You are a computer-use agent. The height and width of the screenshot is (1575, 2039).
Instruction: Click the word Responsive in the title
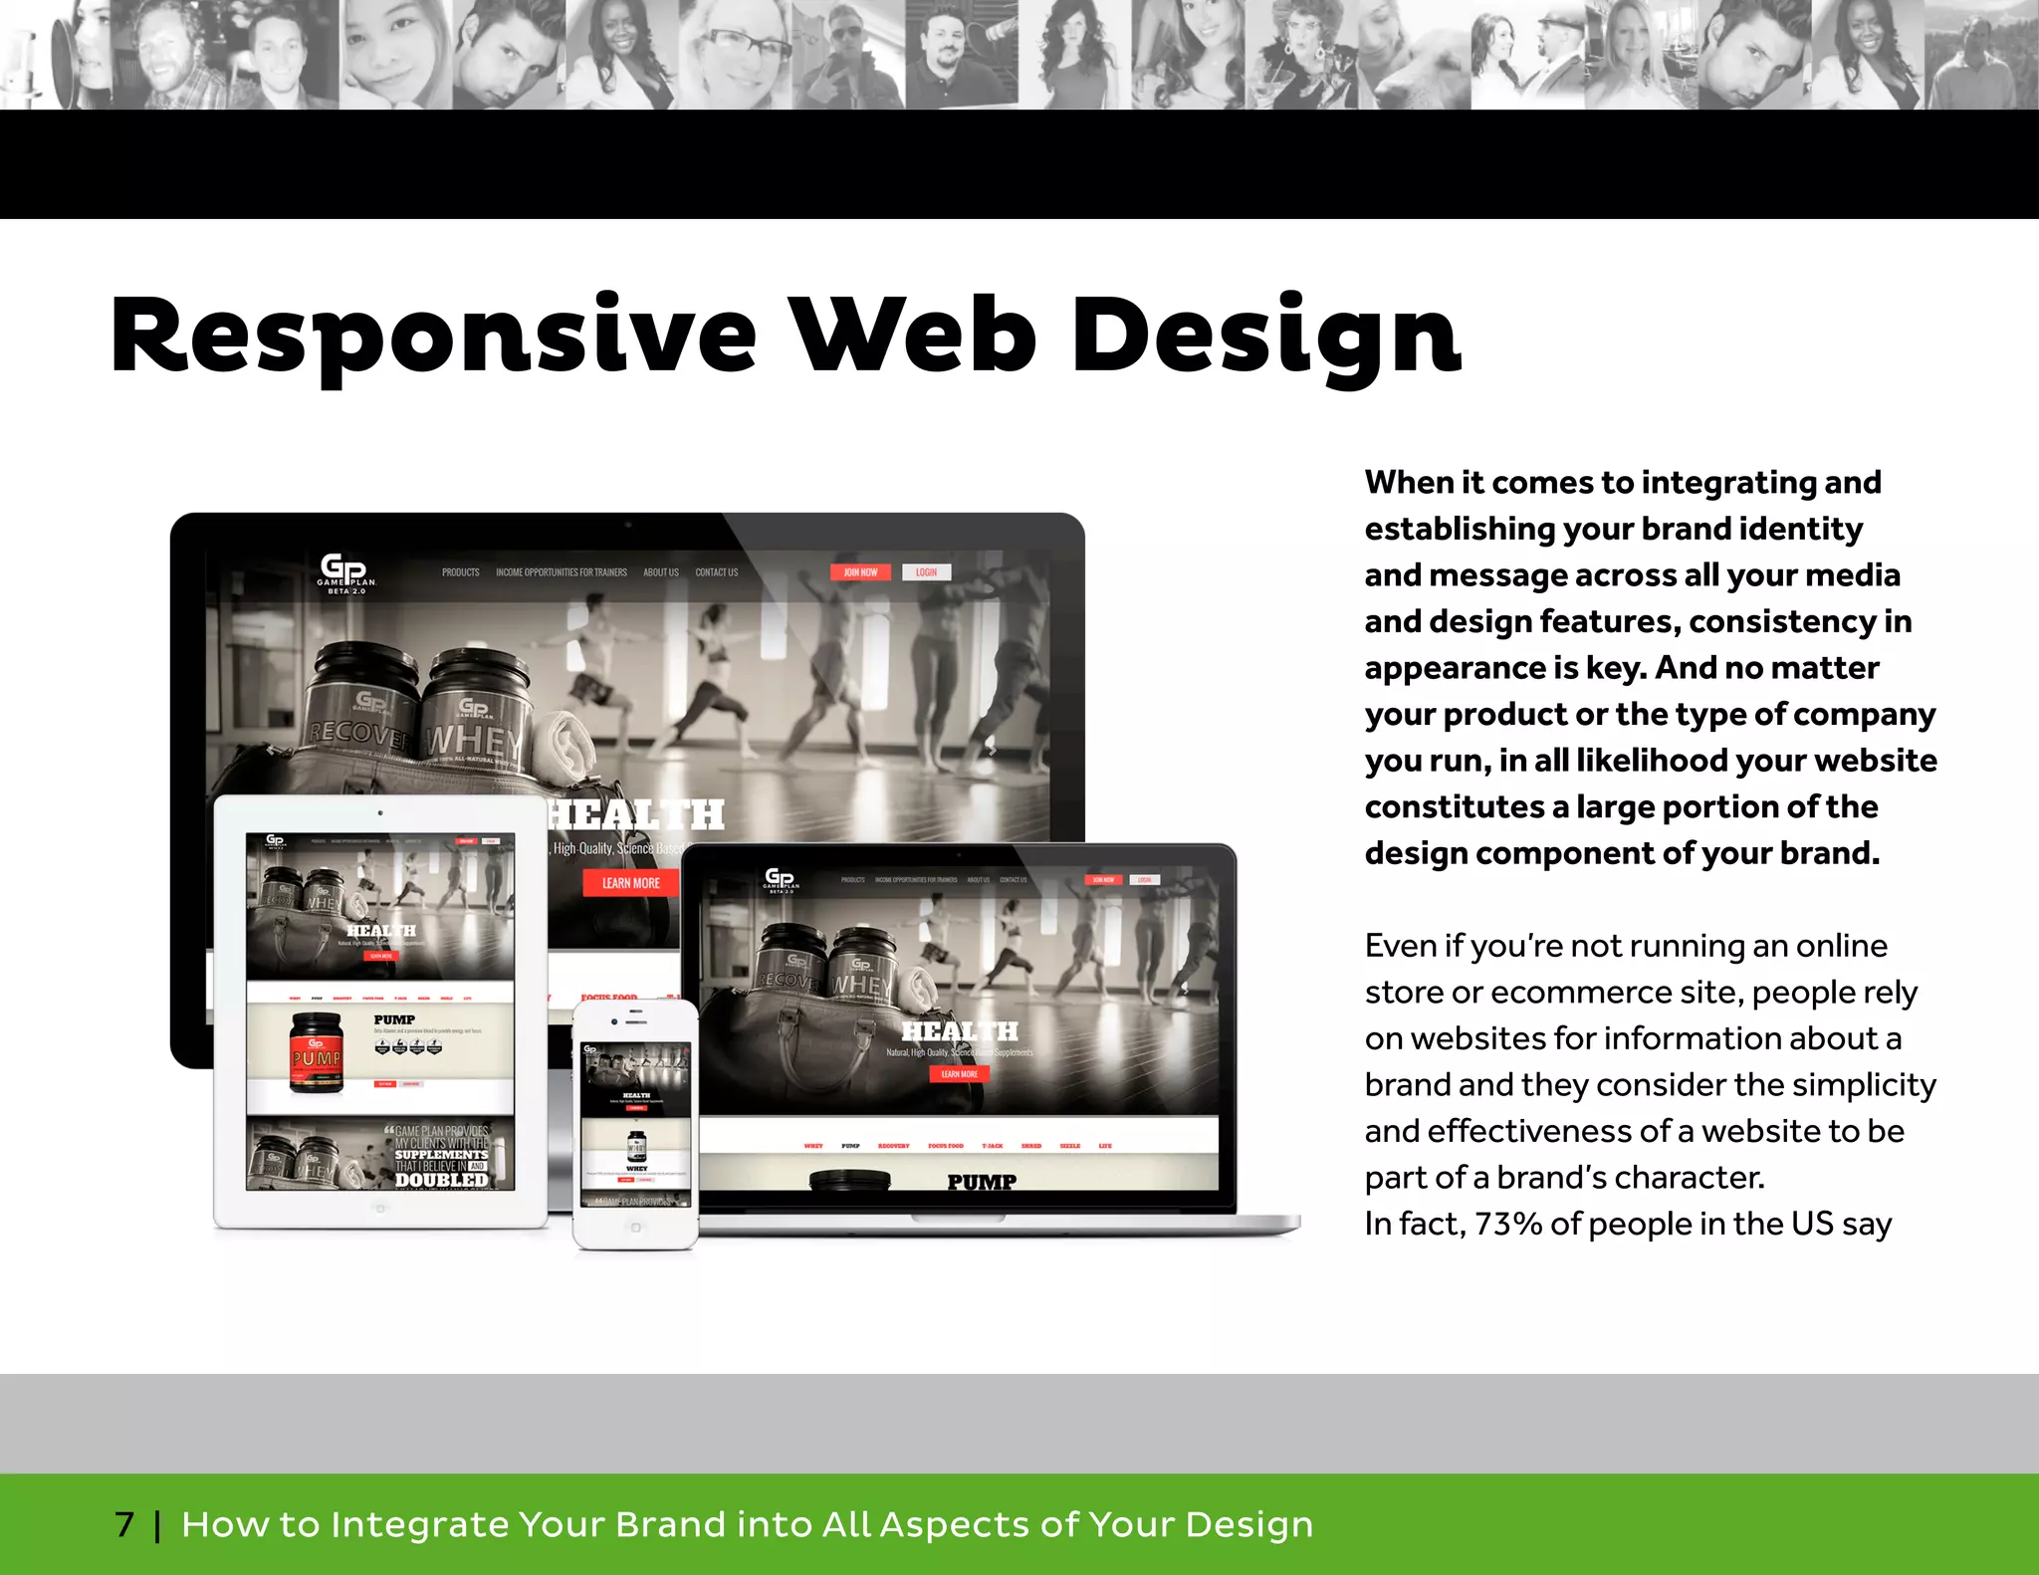(x=433, y=337)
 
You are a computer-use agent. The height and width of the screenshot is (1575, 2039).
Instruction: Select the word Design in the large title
(x=1264, y=337)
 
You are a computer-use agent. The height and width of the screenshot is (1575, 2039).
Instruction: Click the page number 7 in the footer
(x=124, y=1524)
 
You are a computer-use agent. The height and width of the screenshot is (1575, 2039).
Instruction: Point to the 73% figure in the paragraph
(x=1508, y=1224)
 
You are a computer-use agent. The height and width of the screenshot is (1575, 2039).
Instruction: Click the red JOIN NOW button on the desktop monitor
(x=860, y=572)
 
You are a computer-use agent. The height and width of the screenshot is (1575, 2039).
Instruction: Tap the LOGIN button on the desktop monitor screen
(x=926, y=572)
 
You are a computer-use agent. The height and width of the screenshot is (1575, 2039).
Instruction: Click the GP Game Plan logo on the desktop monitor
(x=345, y=572)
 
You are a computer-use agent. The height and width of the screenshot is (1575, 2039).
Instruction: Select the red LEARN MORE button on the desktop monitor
(x=630, y=883)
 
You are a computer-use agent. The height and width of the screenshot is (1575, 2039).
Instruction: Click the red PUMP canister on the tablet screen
(x=317, y=1053)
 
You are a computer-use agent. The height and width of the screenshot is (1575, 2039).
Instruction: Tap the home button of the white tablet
(x=379, y=1209)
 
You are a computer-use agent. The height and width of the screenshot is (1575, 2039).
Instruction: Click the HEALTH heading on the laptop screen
(x=960, y=1031)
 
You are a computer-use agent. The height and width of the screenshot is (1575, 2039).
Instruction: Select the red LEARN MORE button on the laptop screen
(x=959, y=1074)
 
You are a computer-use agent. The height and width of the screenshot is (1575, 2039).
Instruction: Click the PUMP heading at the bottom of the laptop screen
(x=982, y=1182)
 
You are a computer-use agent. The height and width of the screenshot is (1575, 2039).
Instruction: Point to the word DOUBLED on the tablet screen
(x=441, y=1180)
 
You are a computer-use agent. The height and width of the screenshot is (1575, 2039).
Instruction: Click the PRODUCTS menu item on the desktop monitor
(x=460, y=572)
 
